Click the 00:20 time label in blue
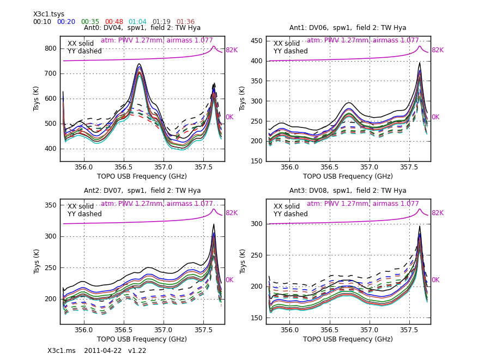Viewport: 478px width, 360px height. [66, 22]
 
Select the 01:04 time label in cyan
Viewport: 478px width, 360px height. [138, 22]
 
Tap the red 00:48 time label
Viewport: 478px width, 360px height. [114, 22]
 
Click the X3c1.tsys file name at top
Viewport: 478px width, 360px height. [49, 15]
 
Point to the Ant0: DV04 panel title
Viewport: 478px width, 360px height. [142, 28]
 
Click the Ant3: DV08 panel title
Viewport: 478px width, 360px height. [348, 191]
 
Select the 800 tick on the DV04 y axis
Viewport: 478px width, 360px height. [50, 48]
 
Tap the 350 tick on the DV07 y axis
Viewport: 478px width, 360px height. [50, 205]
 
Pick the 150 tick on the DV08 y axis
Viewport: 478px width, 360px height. [256, 318]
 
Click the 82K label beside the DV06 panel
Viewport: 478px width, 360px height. [438, 51]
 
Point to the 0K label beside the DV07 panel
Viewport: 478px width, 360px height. [229, 280]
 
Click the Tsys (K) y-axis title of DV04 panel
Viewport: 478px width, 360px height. [37, 99]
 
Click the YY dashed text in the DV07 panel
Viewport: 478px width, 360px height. [84, 215]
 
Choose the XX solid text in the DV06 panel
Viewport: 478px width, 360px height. [287, 44]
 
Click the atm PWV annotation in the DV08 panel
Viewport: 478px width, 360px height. [363, 204]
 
